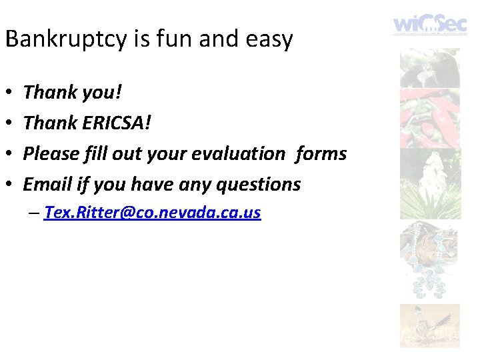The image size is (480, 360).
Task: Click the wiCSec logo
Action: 429,25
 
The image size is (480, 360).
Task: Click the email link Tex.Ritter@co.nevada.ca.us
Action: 152,213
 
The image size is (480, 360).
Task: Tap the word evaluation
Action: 238,153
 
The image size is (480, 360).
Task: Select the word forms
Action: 321,153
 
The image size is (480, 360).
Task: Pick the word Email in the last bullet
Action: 47,184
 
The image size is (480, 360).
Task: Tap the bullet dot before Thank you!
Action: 8,93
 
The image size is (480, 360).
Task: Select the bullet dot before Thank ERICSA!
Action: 8,123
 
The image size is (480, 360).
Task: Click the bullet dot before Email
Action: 8,185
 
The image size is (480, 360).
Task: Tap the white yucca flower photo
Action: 429,183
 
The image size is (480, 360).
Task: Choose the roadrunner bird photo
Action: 429,325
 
